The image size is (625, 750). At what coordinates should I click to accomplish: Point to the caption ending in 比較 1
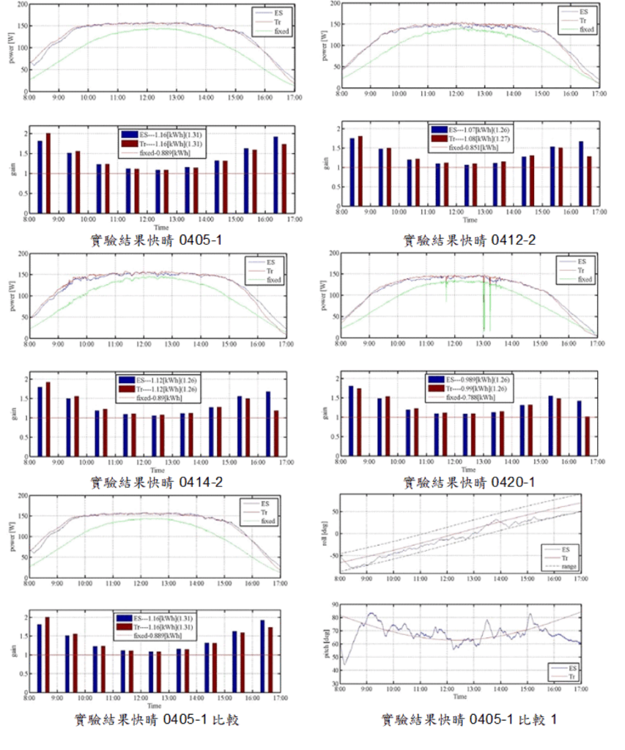(x=469, y=720)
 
